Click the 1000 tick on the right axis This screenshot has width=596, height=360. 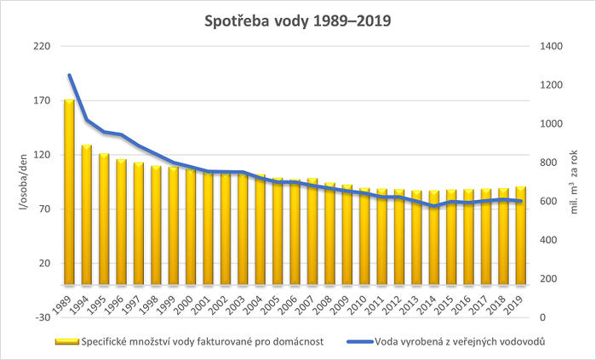click(x=552, y=123)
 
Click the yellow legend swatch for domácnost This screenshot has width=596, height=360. click(x=66, y=342)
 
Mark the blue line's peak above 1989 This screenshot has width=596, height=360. click(x=70, y=76)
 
